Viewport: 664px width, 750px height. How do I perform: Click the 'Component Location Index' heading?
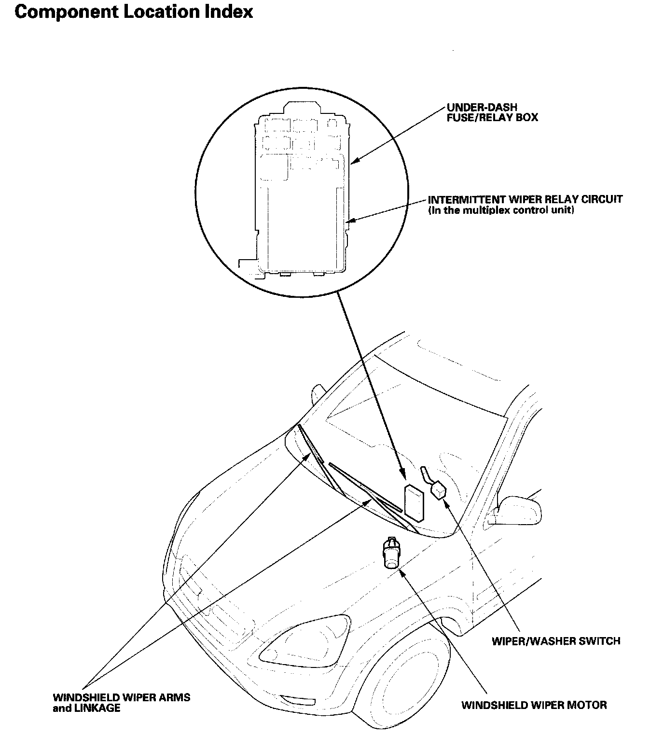pos(134,12)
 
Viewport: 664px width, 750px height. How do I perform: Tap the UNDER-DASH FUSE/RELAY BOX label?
pos(492,112)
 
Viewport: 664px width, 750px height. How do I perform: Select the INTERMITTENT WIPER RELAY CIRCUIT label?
pos(525,199)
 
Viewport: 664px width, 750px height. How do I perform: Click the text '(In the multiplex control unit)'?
pos(501,210)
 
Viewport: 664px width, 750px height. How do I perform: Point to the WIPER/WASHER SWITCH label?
pos(555,641)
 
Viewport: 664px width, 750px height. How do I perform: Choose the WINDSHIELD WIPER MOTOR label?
pos(534,705)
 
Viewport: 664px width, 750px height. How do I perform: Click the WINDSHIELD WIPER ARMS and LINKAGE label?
pos(121,703)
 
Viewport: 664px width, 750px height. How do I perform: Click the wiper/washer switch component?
pos(438,490)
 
